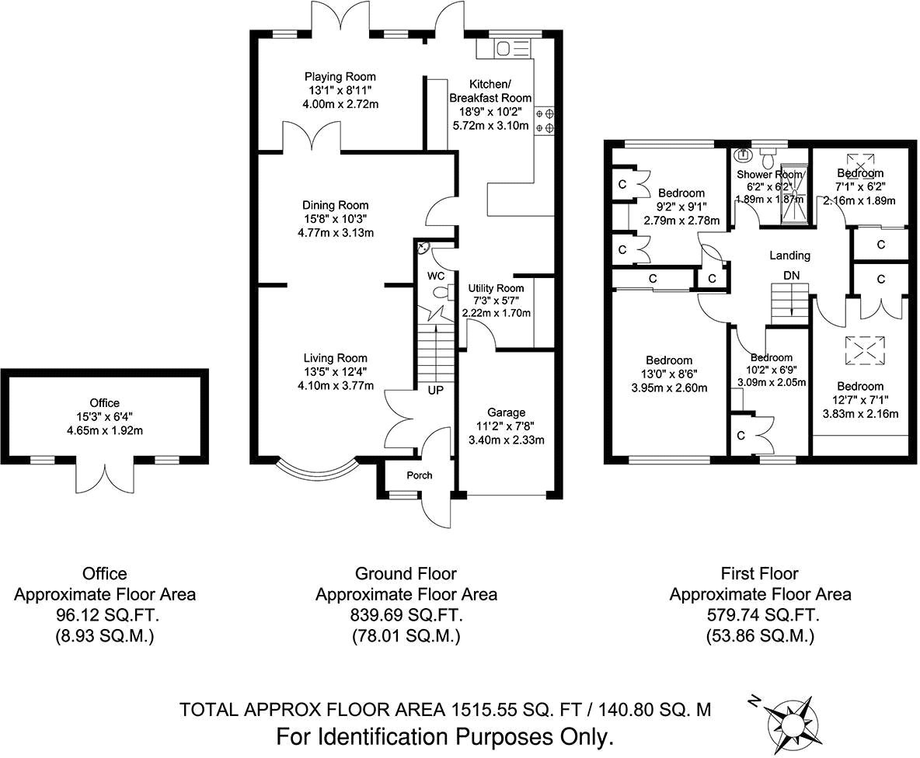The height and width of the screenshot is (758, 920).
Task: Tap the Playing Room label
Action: [340, 77]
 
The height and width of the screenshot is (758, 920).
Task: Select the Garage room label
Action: [506, 412]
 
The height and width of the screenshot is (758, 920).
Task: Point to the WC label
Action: [434, 276]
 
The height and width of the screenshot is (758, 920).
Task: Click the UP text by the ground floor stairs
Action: [435, 389]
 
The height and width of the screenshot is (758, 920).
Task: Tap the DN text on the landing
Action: [791, 276]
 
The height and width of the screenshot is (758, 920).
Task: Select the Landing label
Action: [789, 255]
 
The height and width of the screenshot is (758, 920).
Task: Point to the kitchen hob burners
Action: [544, 120]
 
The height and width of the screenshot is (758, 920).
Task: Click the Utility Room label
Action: [496, 288]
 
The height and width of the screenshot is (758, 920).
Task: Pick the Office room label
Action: [104, 402]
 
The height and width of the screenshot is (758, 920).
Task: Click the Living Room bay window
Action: [318, 469]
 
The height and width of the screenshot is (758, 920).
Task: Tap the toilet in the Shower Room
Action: [768, 160]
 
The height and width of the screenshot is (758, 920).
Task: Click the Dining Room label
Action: [336, 205]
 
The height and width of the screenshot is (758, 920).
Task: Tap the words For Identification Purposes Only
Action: [445, 735]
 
